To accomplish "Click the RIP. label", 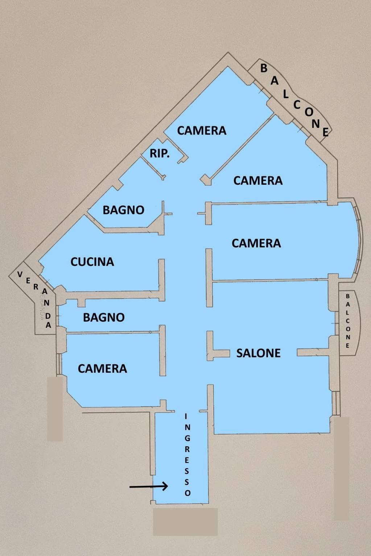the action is point(160,154).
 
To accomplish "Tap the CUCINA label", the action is point(92,262).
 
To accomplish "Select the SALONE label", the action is point(259,353).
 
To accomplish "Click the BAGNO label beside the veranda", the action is point(104,317).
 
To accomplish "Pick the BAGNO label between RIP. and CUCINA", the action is point(124,210).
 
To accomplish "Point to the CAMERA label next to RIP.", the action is point(202,130).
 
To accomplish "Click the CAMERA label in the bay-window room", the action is point(256,243).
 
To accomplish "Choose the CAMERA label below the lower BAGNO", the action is point(102,369).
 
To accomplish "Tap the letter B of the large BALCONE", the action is point(264,68).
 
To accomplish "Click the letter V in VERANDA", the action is point(20,274).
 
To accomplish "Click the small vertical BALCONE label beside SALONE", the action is point(348,321).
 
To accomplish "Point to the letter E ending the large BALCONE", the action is point(326,133).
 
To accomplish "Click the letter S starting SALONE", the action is point(239,353).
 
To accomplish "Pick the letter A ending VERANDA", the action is point(49,325).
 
